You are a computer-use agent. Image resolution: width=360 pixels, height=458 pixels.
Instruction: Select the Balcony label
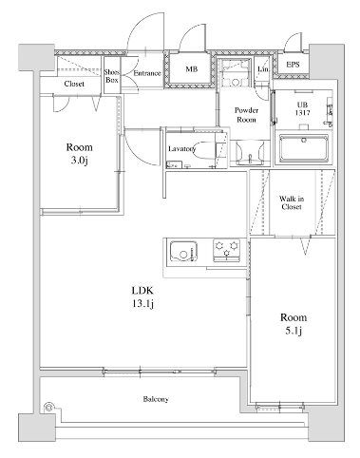click(x=156, y=399)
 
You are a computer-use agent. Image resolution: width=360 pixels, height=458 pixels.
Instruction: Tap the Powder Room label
click(x=247, y=115)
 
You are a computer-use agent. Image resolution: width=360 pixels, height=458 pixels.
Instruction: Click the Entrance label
click(x=146, y=73)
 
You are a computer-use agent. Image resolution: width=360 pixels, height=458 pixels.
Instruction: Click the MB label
click(x=191, y=68)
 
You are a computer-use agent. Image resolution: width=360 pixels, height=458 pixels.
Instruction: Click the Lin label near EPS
click(x=263, y=69)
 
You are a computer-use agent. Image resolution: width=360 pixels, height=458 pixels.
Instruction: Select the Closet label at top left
click(x=74, y=84)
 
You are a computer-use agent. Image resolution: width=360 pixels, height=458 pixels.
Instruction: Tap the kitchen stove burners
click(x=228, y=252)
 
